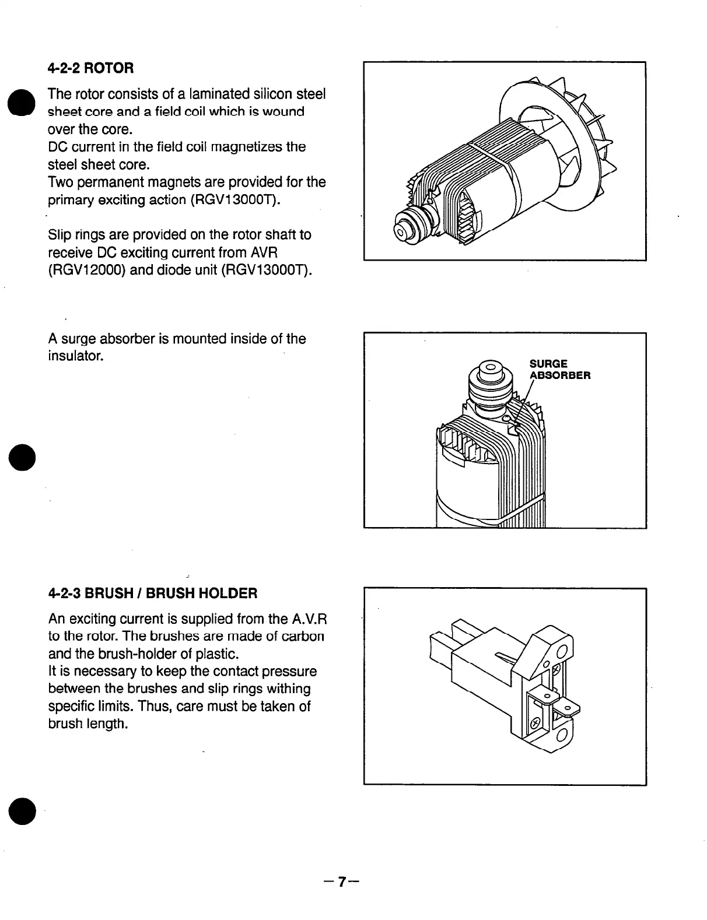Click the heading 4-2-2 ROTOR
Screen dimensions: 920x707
[x=91, y=68]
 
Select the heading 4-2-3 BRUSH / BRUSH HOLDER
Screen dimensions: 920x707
[x=152, y=594]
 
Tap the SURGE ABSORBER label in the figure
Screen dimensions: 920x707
[x=559, y=370]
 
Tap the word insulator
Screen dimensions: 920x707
[x=75, y=356]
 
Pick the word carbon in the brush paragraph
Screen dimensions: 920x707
[x=302, y=635]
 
